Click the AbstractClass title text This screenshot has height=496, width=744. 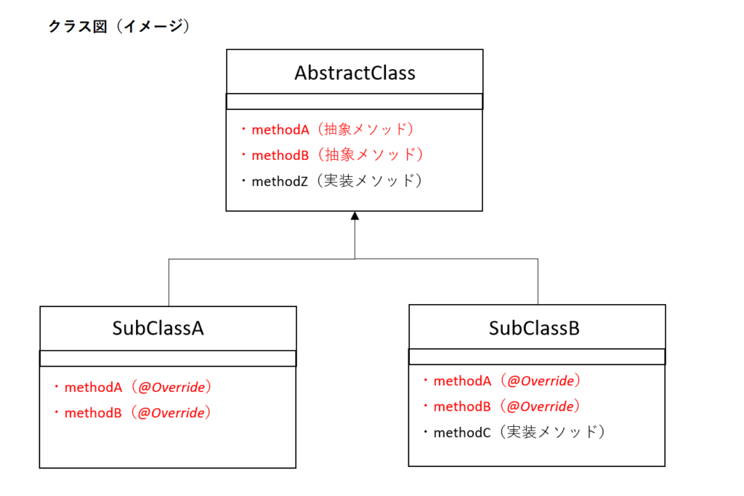[355, 73]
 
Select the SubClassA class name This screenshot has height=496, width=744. [158, 328]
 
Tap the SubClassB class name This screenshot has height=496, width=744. [534, 328]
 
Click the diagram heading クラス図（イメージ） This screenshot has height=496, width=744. [119, 26]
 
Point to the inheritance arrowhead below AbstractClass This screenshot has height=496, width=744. [355, 216]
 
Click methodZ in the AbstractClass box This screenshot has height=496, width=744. [280, 182]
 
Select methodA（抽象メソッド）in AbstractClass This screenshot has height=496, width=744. [333, 129]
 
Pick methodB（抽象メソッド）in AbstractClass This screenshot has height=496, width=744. [337, 155]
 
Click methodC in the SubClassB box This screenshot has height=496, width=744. [461, 432]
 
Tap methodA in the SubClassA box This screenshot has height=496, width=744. [93, 388]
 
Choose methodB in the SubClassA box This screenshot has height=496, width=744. [93, 413]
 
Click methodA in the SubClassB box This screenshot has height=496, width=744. [462, 381]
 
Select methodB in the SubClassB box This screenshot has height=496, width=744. [461, 407]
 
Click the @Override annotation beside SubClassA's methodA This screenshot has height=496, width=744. [171, 388]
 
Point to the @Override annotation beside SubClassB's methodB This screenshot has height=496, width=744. [541, 407]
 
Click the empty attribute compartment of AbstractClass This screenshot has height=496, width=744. [355, 102]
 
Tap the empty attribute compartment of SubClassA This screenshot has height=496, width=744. [168, 359]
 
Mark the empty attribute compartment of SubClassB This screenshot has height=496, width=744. [537, 357]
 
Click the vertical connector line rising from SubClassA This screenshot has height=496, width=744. [169, 283]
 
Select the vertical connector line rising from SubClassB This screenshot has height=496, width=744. [538, 281]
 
